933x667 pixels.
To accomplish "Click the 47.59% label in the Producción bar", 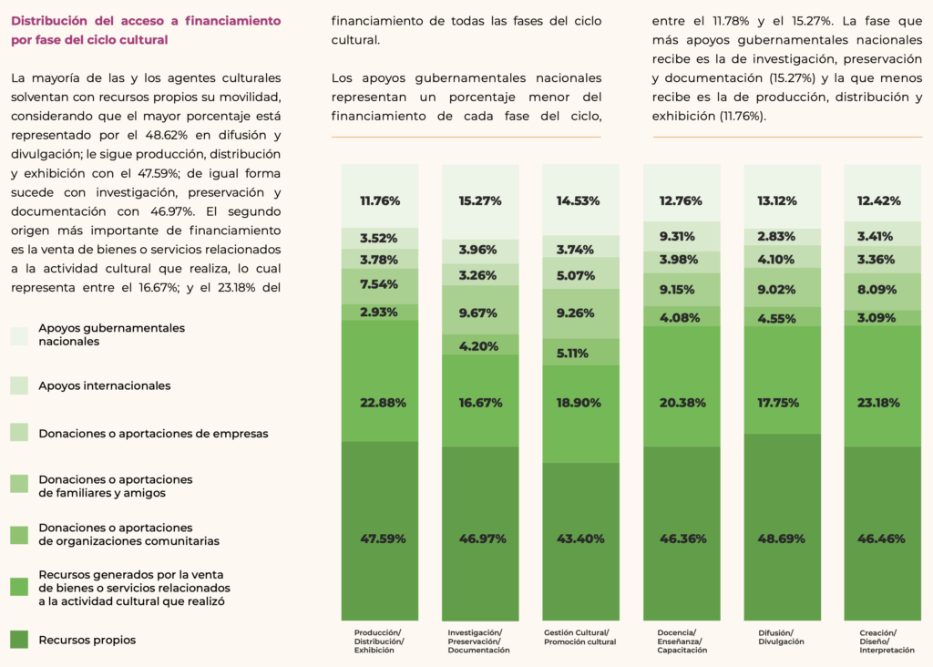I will tap(380, 539).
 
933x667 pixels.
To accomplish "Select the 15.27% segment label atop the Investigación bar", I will tap(480, 200).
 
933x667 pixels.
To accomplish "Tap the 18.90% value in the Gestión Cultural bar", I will tap(580, 402).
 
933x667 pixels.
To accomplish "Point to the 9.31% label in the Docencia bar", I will tap(682, 236).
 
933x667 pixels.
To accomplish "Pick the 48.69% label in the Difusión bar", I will tap(782, 539).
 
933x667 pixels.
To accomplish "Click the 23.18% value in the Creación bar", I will tap(882, 402).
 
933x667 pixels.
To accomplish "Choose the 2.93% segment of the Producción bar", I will tap(380, 313).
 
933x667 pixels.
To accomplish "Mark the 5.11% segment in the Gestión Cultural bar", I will tap(580, 354).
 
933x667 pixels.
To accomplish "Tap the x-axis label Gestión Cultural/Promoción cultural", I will tap(579, 637).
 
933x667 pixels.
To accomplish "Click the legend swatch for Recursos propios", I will tap(20, 641).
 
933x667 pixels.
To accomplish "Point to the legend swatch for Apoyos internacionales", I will tap(20, 385).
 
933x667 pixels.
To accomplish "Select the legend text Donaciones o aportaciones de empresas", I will tap(153, 434).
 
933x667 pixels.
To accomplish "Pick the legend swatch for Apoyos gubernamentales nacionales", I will tap(20, 335).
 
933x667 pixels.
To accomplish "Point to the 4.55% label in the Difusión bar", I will tap(782, 319).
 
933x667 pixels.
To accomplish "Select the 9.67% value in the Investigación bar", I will tap(480, 313).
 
